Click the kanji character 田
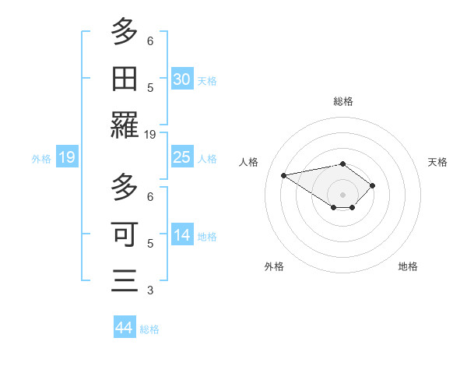(x=125, y=79)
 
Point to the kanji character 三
(x=125, y=280)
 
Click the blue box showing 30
(x=182, y=79)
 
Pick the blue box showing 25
(x=182, y=158)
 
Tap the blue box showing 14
(x=182, y=236)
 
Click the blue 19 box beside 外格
(x=67, y=158)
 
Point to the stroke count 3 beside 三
(x=150, y=290)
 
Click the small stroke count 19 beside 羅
(x=150, y=135)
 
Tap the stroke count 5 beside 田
(x=150, y=87)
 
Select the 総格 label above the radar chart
(x=343, y=101)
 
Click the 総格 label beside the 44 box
(x=149, y=329)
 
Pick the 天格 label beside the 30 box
(x=207, y=81)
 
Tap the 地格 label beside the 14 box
(x=207, y=237)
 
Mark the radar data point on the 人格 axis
(x=284, y=174)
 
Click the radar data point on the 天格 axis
(x=373, y=185)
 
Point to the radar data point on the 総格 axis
(x=343, y=164)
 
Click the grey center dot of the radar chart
(x=343, y=194)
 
